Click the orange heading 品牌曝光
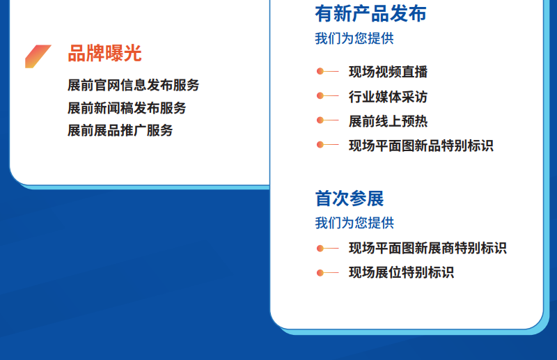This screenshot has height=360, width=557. tap(105, 54)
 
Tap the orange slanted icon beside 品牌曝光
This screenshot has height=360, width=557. tap(38, 56)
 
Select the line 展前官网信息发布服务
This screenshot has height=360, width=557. tap(134, 85)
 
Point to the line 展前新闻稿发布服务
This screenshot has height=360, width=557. tap(127, 108)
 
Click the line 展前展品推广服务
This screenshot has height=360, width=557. tap(120, 130)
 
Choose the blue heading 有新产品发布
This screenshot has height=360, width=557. tap(370, 13)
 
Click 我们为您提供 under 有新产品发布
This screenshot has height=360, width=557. tap(354, 38)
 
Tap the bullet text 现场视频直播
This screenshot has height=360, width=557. tap(389, 72)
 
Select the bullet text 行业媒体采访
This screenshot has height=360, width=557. tap(389, 97)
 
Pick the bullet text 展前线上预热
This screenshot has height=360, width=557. tap(389, 121)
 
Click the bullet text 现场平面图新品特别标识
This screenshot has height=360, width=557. tap(421, 146)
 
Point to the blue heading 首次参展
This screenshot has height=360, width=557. tap(350, 198)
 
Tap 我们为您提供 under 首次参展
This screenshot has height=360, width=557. tap(354, 223)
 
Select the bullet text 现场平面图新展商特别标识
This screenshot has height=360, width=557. tap(427, 248)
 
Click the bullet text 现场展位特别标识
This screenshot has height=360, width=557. tap(402, 272)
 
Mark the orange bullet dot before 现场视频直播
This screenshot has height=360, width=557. tap(320, 72)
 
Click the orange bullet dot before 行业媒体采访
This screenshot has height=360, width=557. tap(320, 96)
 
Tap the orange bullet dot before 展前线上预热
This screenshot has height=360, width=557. tap(320, 120)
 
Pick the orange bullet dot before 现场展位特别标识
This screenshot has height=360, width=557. tap(320, 273)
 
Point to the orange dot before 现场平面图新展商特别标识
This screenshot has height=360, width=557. tap(320, 249)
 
